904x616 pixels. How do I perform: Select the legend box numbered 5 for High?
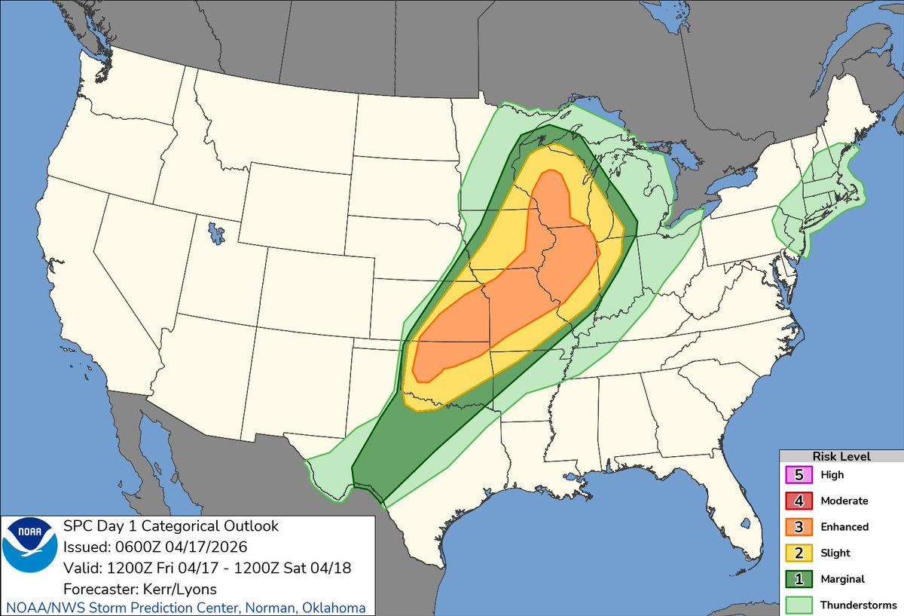click(x=799, y=475)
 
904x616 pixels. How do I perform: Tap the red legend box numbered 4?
click(x=799, y=501)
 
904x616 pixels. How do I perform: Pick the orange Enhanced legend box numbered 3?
click(x=799, y=526)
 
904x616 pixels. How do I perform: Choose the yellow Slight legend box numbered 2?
click(x=799, y=553)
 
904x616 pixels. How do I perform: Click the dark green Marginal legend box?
click(x=799, y=578)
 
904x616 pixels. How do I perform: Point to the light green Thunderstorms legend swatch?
click(x=799, y=604)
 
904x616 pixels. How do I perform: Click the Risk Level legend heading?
click(x=841, y=456)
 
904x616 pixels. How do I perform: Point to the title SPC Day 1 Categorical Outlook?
click(x=170, y=526)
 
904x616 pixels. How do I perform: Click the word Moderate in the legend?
click(x=844, y=501)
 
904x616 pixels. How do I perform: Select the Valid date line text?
click(x=208, y=567)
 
